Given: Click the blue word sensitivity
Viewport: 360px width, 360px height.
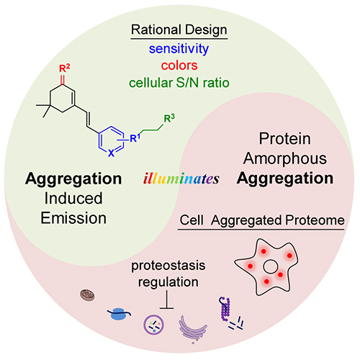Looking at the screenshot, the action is pyautogui.click(x=179, y=49).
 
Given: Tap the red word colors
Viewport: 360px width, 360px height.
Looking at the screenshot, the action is pyautogui.click(x=179, y=66).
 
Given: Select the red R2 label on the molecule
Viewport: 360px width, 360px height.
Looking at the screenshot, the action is pyautogui.click(x=65, y=68).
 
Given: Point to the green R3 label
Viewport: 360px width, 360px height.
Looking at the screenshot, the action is pyautogui.click(x=169, y=118).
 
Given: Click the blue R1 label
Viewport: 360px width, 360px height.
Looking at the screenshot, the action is pyautogui.click(x=135, y=138).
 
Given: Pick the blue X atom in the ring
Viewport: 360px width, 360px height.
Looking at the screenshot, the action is pyautogui.click(x=111, y=153).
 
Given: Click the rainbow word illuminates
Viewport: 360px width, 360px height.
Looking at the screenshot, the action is pyautogui.click(x=181, y=179).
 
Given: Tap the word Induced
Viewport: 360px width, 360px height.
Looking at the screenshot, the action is pyautogui.click(x=73, y=198).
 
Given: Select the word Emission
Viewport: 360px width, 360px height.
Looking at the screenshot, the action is pyautogui.click(x=73, y=218).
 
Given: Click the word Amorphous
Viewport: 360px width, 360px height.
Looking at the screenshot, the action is pyautogui.click(x=285, y=158).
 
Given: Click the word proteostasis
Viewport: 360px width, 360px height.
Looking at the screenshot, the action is pyautogui.click(x=168, y=266).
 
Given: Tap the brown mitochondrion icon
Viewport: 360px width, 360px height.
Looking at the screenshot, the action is pyautogui.click(x=87, y=295).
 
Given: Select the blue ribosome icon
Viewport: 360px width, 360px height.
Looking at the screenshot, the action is pyautogui.click(x=119, y=314).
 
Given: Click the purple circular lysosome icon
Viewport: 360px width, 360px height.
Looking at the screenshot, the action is pyautogui.click(x=154, y=325).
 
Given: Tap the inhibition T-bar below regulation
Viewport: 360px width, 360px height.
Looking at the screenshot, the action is pyautogui.click(x=166, y=300).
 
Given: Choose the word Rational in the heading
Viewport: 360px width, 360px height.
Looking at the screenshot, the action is pyautogui.click(x=156, y=30).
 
